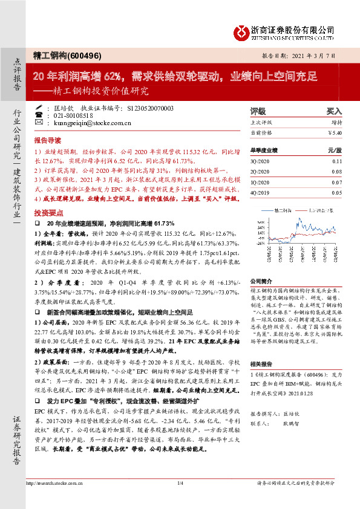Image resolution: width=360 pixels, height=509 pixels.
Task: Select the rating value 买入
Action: tap(334, 112)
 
